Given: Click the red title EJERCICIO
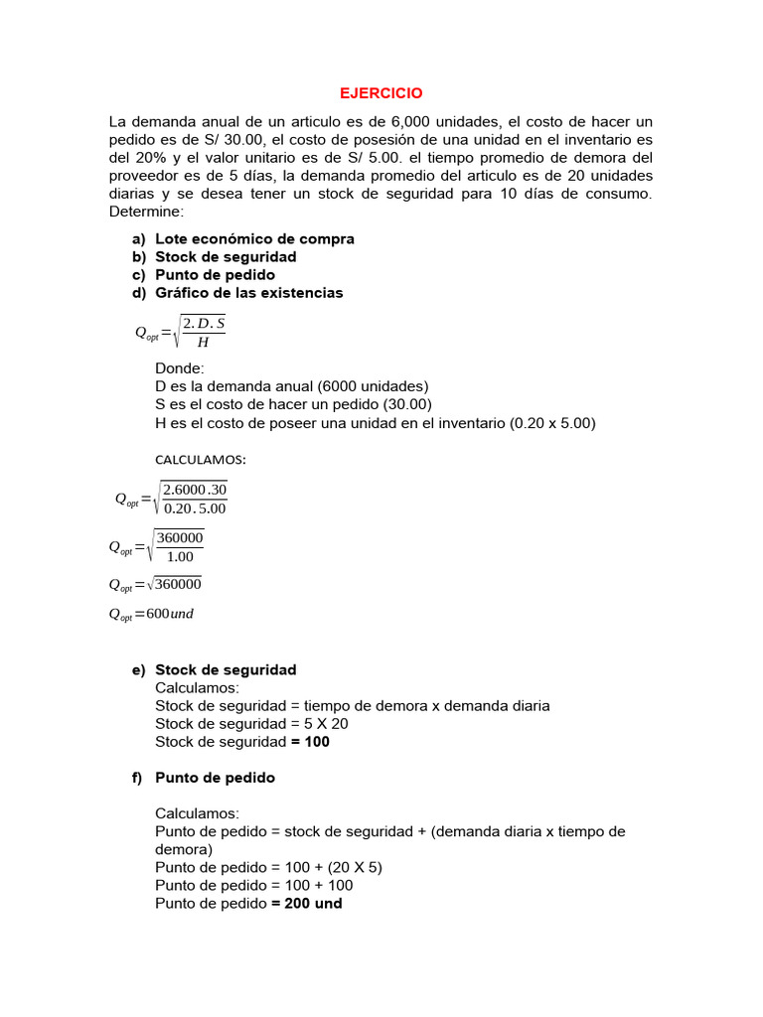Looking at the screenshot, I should pos(381,93).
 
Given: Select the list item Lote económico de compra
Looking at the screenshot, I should pos(254,238).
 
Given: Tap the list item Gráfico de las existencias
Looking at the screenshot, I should pos(248,292).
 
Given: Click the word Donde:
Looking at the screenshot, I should pos(180,367).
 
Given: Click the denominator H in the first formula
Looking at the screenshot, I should pos(203,343).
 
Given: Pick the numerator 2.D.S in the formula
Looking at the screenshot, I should pos(204,323).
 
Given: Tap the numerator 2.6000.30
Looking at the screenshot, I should pos(195,489).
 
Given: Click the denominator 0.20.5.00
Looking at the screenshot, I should pos(195,508).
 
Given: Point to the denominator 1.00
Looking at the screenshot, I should pos(180,556).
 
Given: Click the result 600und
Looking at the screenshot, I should pos(170,614).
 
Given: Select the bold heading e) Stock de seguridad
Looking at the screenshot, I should pos(226,669).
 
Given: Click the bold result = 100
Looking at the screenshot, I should pos(310,741).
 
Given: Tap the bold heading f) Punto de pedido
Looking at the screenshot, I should pos(215,777).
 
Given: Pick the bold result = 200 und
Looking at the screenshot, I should pos(306,903).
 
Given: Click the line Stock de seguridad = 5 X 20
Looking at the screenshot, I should pos(251,723).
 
